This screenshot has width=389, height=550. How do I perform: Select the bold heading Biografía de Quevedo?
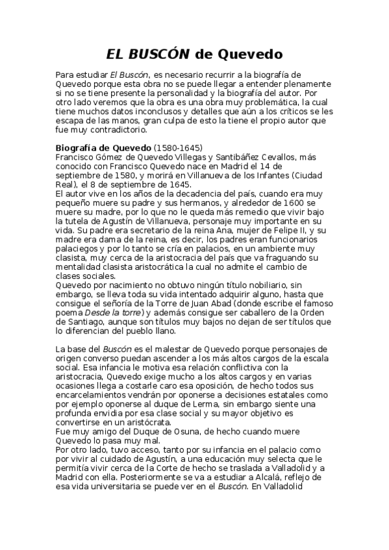103,147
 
